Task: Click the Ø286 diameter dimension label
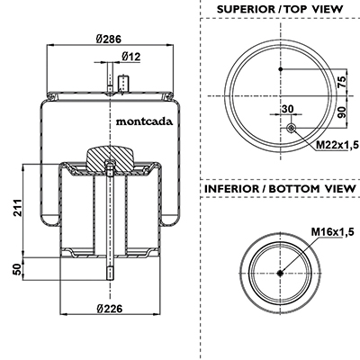(x=109, y=39)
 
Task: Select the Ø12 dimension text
(x=131, y=57)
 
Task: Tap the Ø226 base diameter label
(x=110, y=309)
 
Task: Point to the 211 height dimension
(x=18, y=207)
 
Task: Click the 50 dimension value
(x=18, y=269)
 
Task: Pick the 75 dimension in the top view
(x=342, y=82)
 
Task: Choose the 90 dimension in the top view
(x=342, y=112)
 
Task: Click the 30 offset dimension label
(x=288, y=109)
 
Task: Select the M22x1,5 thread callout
(x=337, y=145)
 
